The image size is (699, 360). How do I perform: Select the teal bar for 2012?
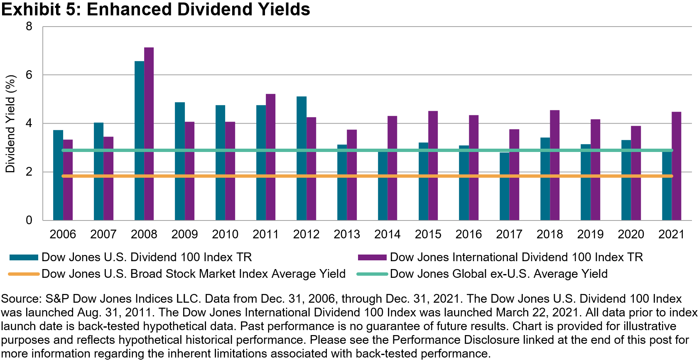pos(302,158)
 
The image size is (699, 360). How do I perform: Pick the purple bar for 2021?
pos(676,166)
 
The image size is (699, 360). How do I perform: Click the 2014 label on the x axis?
pos(387,234)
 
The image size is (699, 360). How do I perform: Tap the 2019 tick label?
pos(590,234)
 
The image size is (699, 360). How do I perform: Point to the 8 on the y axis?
pos(29,27)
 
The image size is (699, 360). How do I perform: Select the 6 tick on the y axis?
pos(29,75)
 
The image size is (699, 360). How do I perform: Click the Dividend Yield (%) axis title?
pos(10,123)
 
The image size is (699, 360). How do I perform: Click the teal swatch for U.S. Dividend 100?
pos(24,257)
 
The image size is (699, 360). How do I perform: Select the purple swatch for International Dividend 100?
pos(372,257)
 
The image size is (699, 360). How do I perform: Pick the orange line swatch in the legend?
pos(24,274)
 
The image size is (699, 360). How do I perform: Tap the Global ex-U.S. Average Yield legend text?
pos(498,274)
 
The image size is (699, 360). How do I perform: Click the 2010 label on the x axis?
pos(225,234)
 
